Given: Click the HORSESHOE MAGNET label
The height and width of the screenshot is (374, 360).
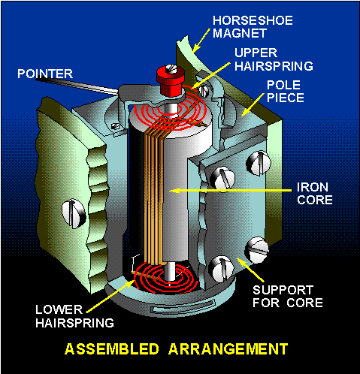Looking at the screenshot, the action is pyautogui.click(x=253, y=27).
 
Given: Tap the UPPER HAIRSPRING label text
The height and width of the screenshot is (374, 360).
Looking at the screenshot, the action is pyautogui.click(x=274, y=59).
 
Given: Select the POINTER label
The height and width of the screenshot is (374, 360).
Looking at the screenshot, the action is pyautogui.click(x=45, y=74).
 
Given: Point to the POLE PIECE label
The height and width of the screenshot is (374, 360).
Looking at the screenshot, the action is pyautogui.click(x=286, y=92).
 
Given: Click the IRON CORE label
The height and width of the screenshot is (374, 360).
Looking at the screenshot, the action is pyautogui.click(x=315, y=194).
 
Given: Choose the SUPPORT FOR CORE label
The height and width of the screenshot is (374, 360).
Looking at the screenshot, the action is pyautogui.click(x=288, y=297).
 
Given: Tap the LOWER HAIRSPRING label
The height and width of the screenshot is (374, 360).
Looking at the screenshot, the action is pyautogui.click(x=74, y=316).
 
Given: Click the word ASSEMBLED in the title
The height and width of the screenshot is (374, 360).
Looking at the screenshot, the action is pyautogui.click(x=112, y=348).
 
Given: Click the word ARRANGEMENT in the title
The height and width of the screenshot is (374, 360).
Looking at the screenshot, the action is pyautogui.click(x=228, y=348).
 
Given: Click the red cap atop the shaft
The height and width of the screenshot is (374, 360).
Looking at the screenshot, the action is pyautogui.click(x=171, y=80).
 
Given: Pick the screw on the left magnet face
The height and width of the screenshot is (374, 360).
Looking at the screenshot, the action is pyautogui.click(x=74, y=213).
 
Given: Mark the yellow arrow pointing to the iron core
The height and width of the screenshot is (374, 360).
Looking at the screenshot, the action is pyautogui.click(x=231, y=191).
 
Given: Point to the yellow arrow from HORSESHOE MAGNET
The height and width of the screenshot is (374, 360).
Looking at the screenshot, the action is pyautogui.click(x=201, y=41).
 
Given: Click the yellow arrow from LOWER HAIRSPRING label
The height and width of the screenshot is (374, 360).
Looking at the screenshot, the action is pyautogui.click(x=110, y=297).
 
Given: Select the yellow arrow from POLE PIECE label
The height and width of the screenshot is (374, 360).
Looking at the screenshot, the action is pyautogui.click(x=253, y=104).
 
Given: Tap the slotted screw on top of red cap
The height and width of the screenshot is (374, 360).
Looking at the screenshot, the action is pyautogui.click(x=171, y=68).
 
